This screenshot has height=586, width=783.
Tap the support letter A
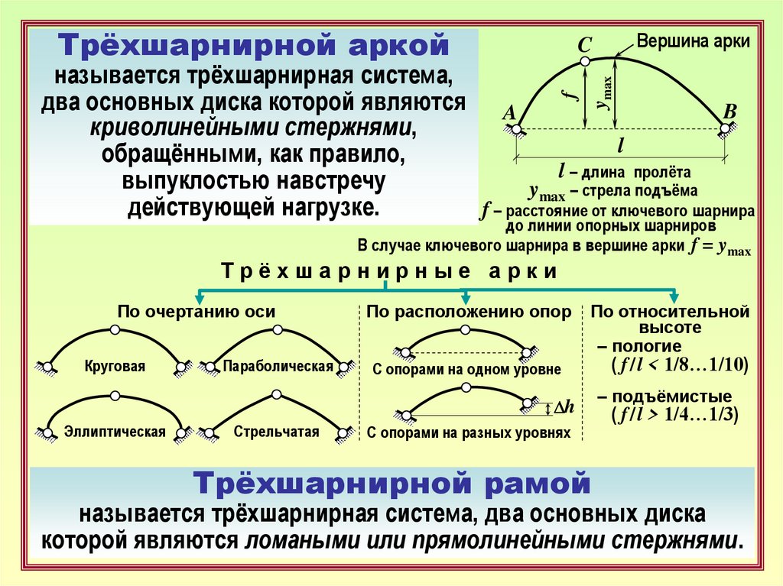pyautogui.click(x=509, y=113)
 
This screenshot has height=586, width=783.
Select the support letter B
pyautogui.click(x=729, y=113)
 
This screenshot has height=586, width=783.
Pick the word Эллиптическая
pyautogui.click(x=115, y=432)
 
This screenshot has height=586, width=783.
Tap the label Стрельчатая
pyautogui.click(x=276, y=432)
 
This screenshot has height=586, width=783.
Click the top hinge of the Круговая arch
pyautogui.click(x=114, y=329)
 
